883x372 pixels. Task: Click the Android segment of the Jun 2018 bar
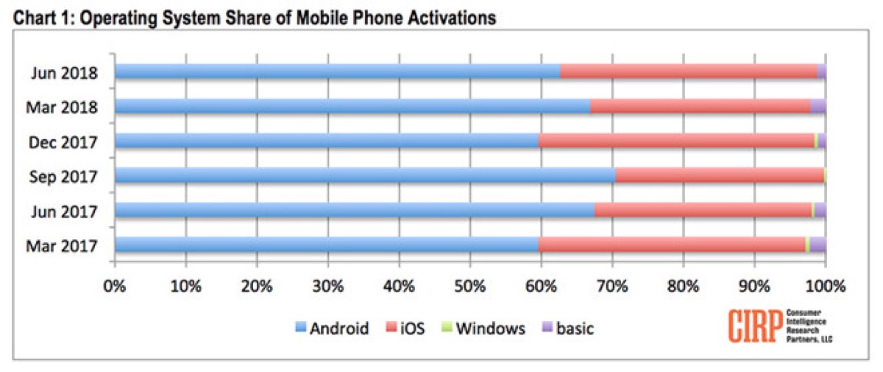(337, 71)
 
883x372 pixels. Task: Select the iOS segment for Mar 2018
(700, 106)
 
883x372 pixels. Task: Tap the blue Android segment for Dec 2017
(327, 141)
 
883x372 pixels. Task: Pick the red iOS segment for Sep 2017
(719, 175)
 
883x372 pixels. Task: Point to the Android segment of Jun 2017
(354, 210)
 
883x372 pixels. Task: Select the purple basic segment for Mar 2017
(818, 245)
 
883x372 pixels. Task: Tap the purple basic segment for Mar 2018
(818, 106)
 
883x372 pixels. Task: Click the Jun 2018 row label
(65, 72)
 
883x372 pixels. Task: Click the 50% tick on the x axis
(469, 286)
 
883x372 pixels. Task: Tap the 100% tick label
(825, 286)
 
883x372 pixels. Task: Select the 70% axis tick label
(612, 286)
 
